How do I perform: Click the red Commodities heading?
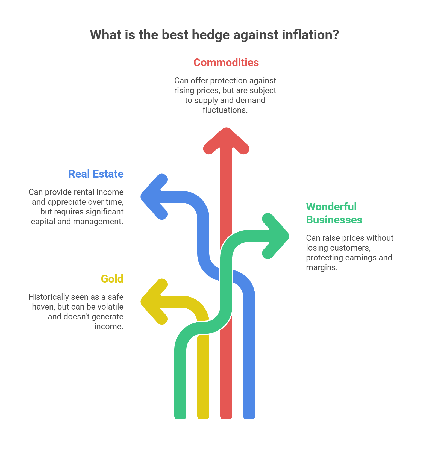(x=226, y=63)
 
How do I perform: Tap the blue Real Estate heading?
(x=96, y=174)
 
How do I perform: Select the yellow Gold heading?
(x=112, y=279)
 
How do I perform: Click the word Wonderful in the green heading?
(x=331, y=207)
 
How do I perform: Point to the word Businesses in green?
(x=334, y=220)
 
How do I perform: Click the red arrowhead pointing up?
(x=226, y=141)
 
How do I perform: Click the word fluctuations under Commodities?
(x=225, y=110)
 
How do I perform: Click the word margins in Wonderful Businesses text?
(x=322, y=267)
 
